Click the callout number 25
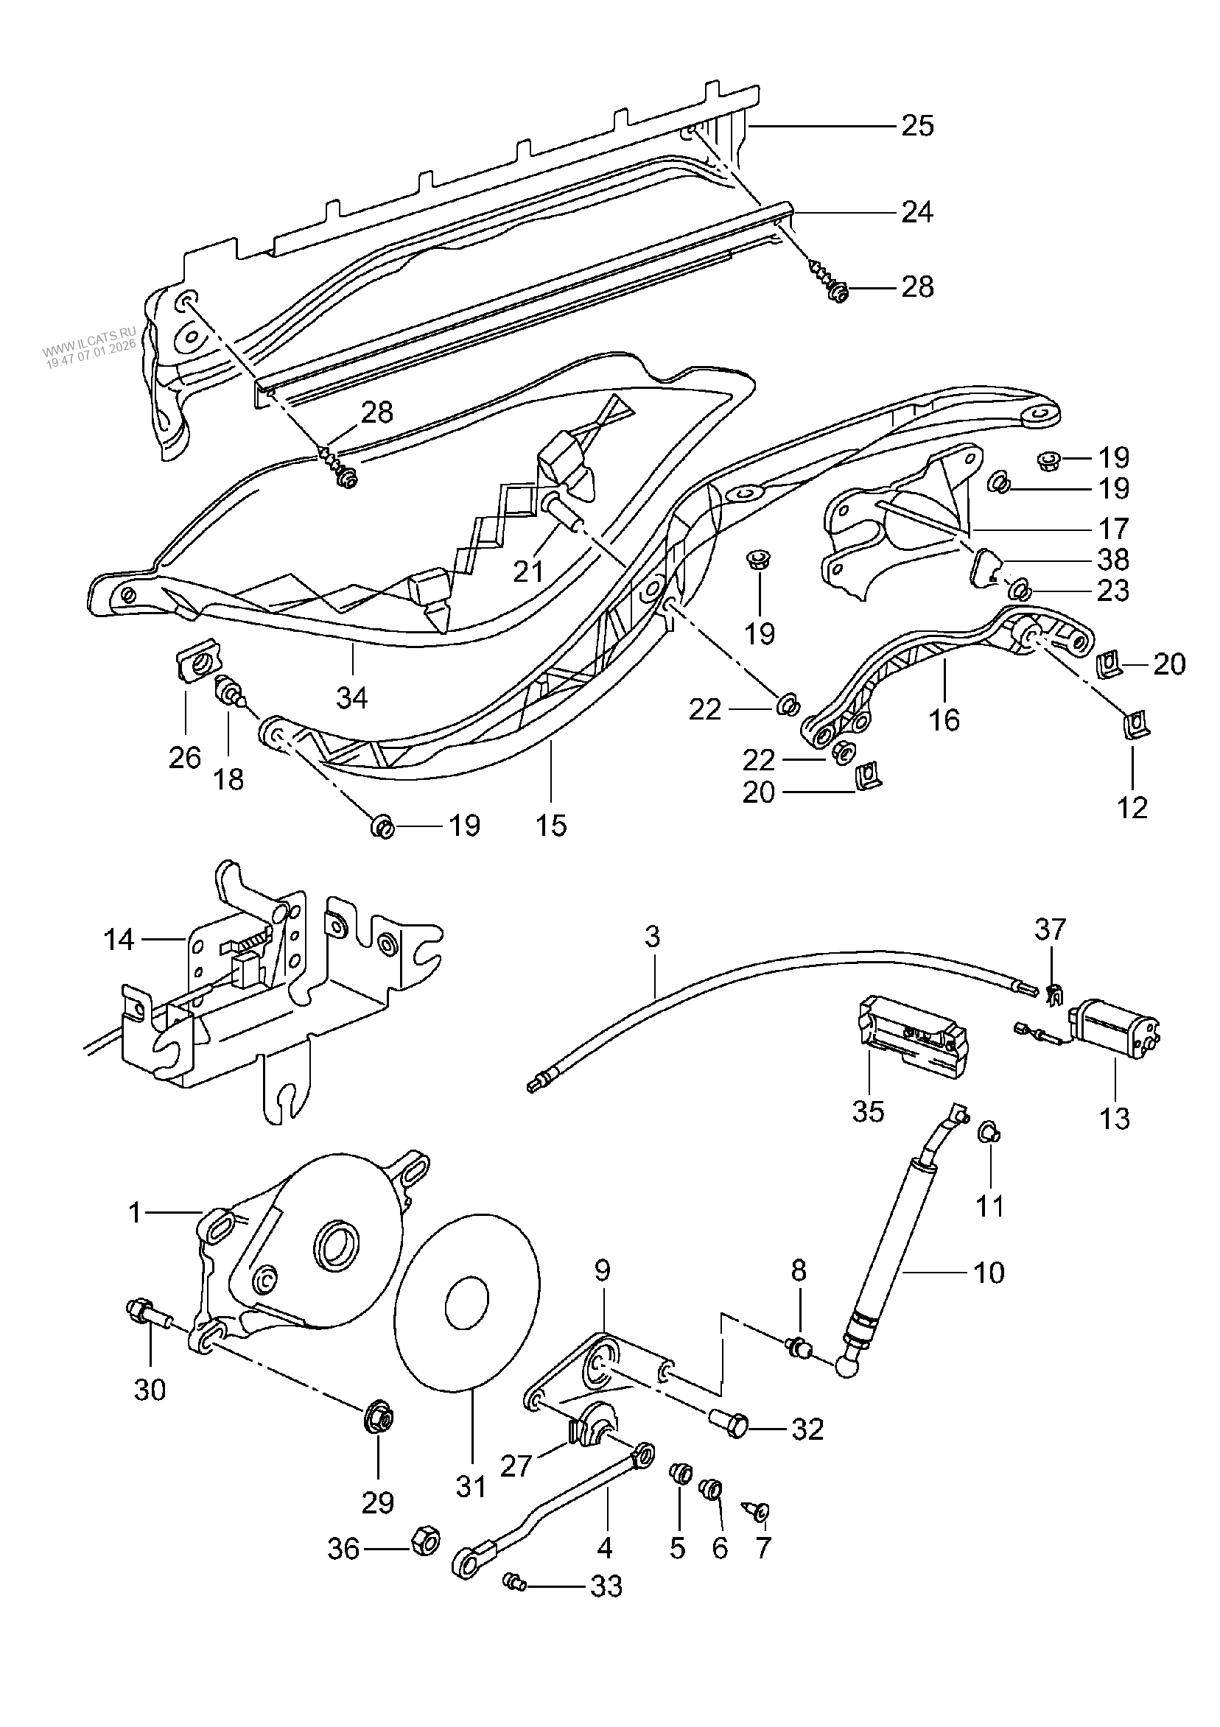click(917, 126)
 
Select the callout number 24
click(917, 213)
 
